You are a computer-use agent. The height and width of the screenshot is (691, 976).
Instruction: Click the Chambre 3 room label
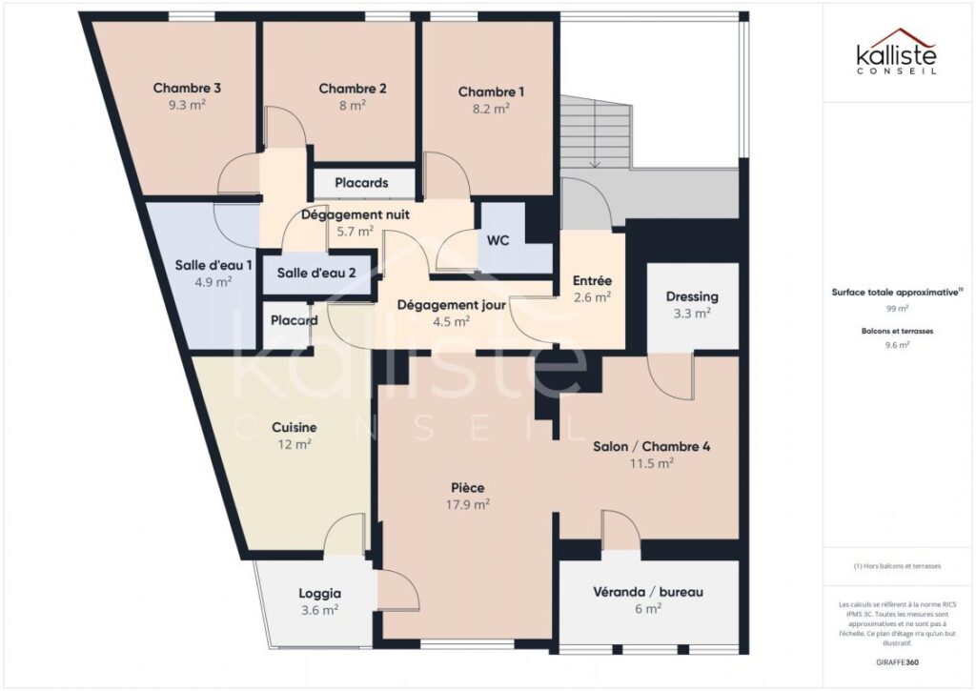coord(187,89)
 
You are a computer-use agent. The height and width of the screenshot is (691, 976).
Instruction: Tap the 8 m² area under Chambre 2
coord(352,106)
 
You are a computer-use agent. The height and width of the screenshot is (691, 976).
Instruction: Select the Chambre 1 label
coord(491,91)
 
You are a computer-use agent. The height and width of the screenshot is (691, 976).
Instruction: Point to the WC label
coord(498,240)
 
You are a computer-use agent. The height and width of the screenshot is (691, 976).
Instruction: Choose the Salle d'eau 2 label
coord(316,273)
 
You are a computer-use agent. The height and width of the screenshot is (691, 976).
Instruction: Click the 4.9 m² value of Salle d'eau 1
coord(213,281)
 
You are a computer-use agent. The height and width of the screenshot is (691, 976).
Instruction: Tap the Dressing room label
coord(692,296)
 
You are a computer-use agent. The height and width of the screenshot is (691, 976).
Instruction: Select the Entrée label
coord(592,281)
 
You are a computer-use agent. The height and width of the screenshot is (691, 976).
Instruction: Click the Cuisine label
coord(294,427)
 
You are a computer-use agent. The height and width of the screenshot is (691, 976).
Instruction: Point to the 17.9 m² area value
coord(468,504)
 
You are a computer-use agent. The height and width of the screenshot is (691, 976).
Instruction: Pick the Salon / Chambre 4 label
coord(651,446)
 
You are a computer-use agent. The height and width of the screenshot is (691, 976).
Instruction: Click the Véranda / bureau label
coord(647,592)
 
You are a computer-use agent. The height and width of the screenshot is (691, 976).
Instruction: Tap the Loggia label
coord(319,592)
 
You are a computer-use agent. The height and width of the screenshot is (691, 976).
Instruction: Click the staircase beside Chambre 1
coord(596,133)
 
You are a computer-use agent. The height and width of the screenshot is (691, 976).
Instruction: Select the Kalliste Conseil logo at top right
coord(895,51)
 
